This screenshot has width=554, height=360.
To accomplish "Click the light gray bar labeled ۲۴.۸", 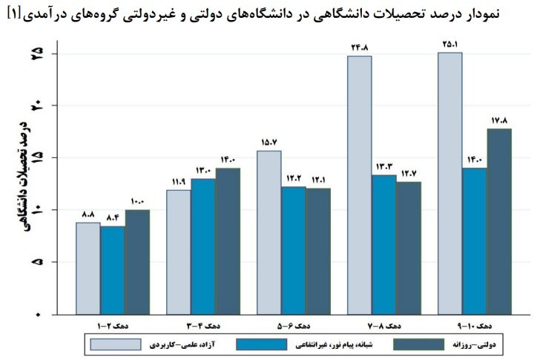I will coord(360,185).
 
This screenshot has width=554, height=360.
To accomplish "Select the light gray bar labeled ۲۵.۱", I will coord(450,183).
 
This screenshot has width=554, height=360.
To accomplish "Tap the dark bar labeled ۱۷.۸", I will coord(499,221).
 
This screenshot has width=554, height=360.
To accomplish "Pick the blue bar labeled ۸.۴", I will coord(113,270).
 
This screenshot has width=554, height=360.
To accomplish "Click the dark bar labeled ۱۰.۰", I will coord(137,262).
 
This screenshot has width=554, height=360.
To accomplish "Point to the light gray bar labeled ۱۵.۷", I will coord(269,232).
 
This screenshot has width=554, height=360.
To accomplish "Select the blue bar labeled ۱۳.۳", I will coord(383,244).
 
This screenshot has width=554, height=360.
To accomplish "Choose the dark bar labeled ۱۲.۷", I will coord(408,248).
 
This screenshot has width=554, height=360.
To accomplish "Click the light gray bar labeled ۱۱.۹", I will coord(178,252).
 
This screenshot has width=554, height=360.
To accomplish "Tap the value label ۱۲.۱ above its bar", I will coord(317,179).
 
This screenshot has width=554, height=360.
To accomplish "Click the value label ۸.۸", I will coord(88,214).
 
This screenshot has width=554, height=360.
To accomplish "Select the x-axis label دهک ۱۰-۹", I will coord(475,325).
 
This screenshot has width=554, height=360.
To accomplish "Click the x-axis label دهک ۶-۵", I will coord(294,325).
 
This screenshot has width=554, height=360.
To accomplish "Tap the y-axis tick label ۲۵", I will coord(37,55).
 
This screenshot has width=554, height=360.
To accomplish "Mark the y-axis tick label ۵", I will coord(37,263).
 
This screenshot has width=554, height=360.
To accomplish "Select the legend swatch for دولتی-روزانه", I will coord(418,344).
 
